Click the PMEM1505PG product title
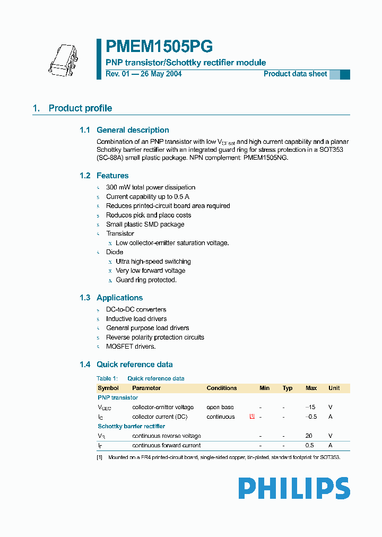[159, 47]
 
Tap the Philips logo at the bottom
[294, 488]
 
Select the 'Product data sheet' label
[296, 74]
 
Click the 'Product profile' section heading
[80, 108]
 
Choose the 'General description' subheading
[133, 130]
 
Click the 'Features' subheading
[112, 176]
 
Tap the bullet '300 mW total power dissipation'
[151, 187]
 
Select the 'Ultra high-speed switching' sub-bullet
[153, 262]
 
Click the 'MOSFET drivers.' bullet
[131, 347]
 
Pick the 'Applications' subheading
[119, 298]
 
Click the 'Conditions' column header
[222, 388]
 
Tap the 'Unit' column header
[334, 388]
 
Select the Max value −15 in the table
[311, 407]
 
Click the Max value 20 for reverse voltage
[309, 436]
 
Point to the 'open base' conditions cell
[220, 407]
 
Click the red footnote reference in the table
[252, 416]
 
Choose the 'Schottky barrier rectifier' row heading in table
[132, 426]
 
